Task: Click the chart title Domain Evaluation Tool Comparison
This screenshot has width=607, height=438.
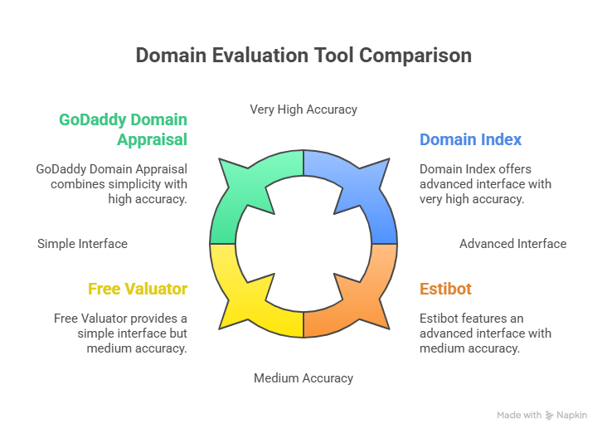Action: click(303, 56)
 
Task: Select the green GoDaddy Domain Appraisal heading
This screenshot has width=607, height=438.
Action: click(123, 129)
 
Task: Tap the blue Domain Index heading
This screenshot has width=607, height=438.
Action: click(470, 139)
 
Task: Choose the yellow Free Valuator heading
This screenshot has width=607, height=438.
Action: click(138, 289)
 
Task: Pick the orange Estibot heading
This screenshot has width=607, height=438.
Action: click(445, 289)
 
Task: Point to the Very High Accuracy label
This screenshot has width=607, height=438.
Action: click(303, 109)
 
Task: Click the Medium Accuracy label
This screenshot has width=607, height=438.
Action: click(303, 378)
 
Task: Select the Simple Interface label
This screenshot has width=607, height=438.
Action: click(82, 244)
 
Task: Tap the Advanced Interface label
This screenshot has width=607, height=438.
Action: click(512, 244)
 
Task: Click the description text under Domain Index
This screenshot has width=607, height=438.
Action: click(484, 183)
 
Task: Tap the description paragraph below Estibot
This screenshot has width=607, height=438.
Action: click(484, 333)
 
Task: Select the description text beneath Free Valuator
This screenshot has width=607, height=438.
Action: click(121, 333)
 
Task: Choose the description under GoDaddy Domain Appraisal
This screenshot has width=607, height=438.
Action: click(112, 183)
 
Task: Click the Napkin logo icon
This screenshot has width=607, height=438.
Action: click(549, 415)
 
